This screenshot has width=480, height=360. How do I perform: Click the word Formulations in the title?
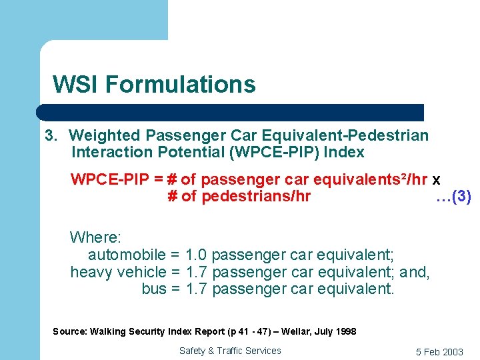coord(180,85)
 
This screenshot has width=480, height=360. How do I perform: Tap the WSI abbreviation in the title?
coord(76,85)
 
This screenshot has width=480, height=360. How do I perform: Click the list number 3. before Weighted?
coord(51,136)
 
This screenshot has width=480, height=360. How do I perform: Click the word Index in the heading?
coord(346,152)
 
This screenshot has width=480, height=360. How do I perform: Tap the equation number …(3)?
coord(453,197)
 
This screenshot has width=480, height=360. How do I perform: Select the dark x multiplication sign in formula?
coord(436,180)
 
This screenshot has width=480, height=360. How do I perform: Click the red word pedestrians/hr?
coord(256,197)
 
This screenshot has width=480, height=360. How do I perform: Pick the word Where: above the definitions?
coord(95,237)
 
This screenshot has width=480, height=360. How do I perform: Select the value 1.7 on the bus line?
coord(197,289)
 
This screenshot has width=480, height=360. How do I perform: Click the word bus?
coord(154,289)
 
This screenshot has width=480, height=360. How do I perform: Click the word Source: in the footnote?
coord(69,331)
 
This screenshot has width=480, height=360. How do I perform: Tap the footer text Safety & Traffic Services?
coord(230,351)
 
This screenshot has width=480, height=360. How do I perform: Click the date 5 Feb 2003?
coord(439,352)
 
